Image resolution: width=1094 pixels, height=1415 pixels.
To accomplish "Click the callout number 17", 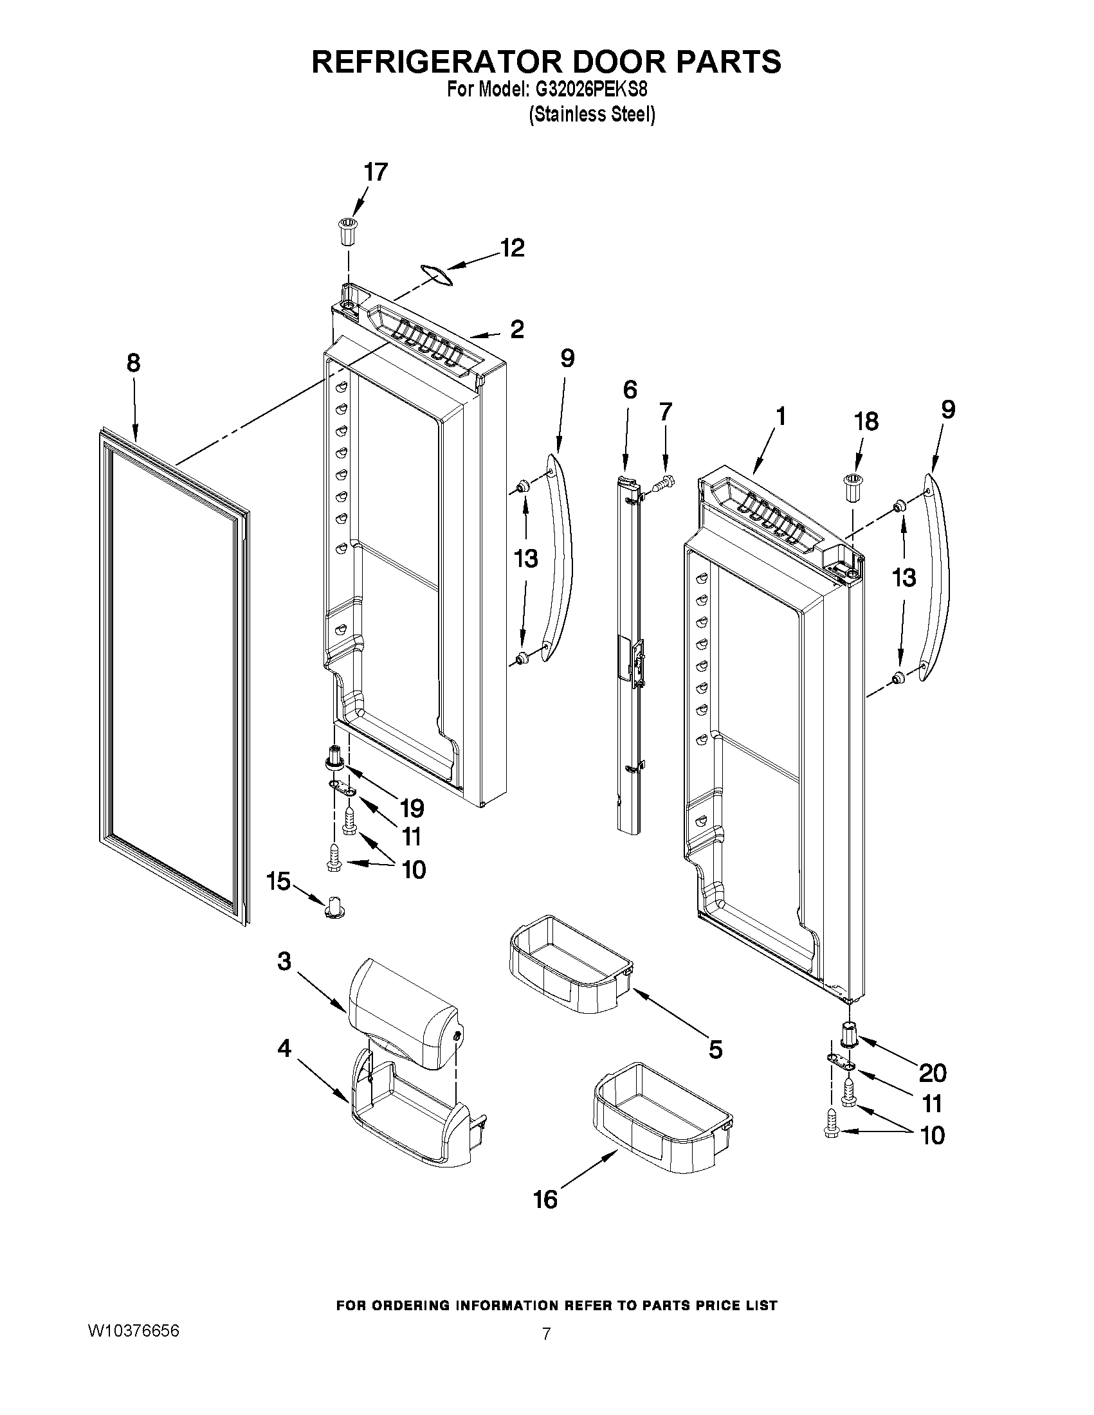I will [x=375, y=172].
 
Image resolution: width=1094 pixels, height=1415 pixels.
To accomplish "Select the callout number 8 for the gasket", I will [x=133, y=363].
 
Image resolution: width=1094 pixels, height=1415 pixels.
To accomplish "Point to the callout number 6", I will [x=629, y=390].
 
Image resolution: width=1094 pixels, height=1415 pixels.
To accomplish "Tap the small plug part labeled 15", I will [x=334, y=906].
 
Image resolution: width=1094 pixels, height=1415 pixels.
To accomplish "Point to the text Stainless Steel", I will [x=592, y=115].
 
